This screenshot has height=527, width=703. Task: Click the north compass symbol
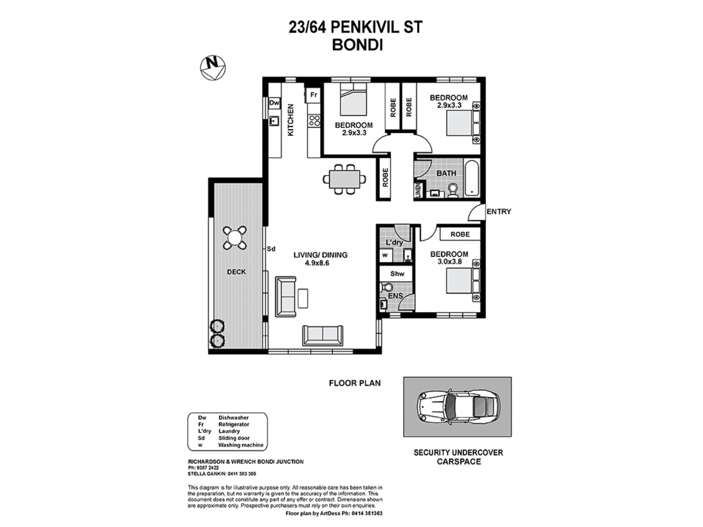coord(213,68)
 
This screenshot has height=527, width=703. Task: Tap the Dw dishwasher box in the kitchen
coord(274,103)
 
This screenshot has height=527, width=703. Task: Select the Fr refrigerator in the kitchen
coord(314,95)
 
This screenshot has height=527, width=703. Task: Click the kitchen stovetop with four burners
coord(314,121)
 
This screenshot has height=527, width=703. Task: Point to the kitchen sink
coord(274,121)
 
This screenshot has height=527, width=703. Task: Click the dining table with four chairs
coord(344,179)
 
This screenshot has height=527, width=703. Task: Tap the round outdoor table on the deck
coord(234,238)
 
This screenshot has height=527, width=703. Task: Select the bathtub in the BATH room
coord(471,178)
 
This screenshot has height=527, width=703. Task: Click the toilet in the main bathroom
coord(453,190)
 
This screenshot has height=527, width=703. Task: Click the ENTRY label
coord(498,212)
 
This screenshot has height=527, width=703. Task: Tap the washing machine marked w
coord(385,255)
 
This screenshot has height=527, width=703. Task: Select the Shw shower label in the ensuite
coord(397,274)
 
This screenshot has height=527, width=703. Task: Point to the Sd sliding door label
coord(271,249)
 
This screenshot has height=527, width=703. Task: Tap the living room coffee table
coord(303,298)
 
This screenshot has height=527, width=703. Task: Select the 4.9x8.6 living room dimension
coord(317,263)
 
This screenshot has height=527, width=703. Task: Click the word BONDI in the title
coord(357,45)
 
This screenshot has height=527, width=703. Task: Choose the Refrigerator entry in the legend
coord(234,424)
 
